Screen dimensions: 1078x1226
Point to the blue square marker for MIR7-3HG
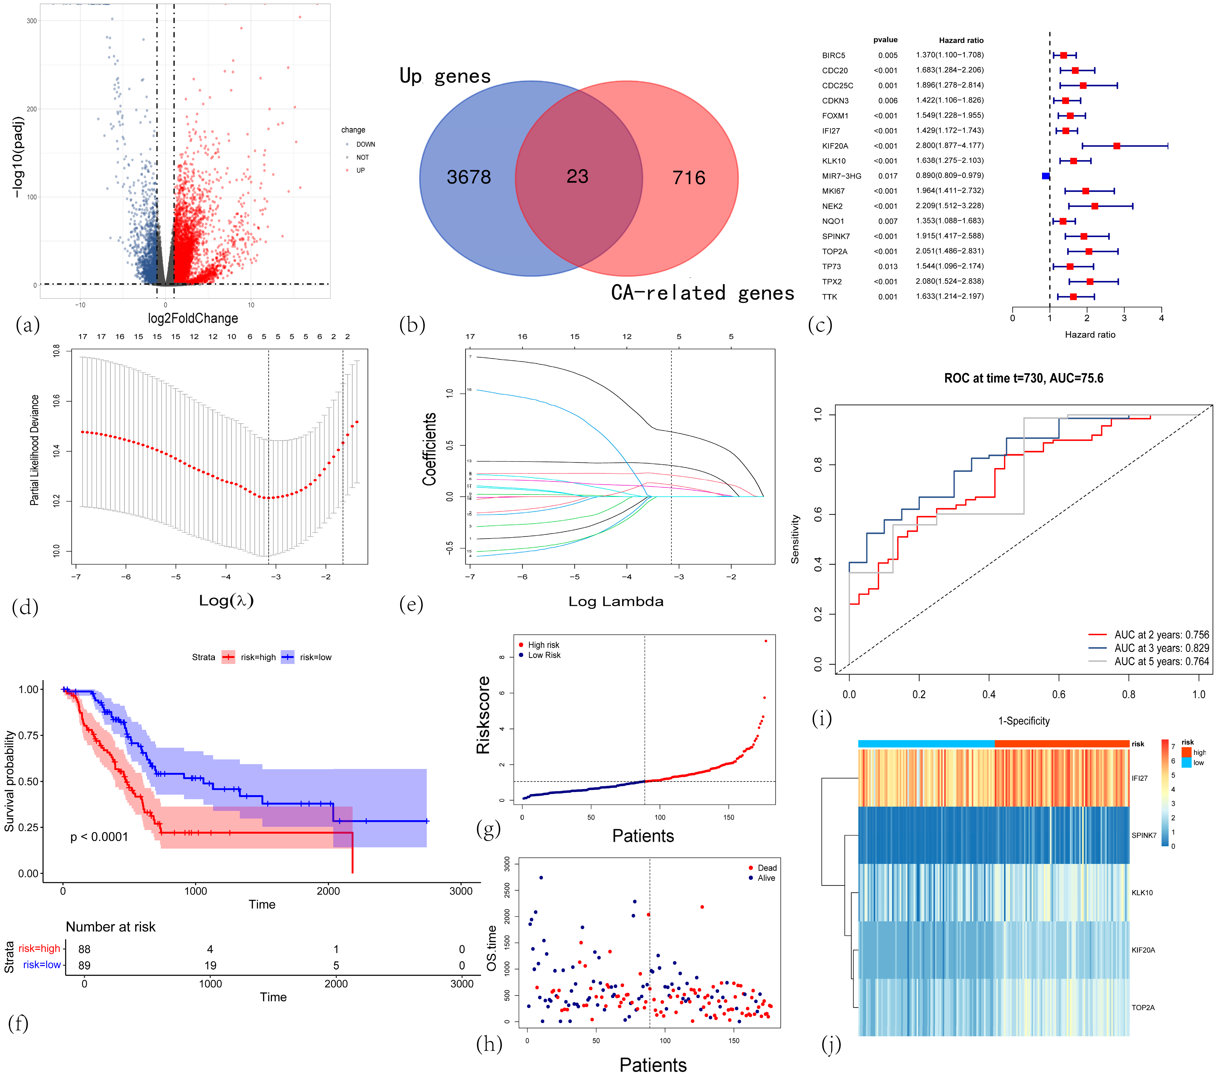coord(1045,176)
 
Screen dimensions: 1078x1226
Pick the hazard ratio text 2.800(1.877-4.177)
coord(949,145)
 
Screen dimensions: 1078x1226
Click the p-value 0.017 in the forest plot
coord(888,176)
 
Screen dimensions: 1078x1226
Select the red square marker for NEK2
coord(1095,206)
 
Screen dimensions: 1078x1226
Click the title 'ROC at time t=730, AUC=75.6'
coord(1023,378)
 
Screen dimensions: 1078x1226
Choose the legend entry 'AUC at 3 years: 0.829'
coord(1161,648)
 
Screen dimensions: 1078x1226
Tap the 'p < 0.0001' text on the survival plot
coord(99,837)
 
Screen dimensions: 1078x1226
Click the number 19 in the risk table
coord(210,965)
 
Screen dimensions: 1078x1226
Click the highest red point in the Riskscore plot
coord(765,641)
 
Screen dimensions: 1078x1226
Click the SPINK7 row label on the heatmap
coord(1144,835)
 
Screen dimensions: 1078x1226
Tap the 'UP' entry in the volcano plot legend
coord(361,170)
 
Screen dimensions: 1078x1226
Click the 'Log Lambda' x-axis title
coord(616,602)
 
